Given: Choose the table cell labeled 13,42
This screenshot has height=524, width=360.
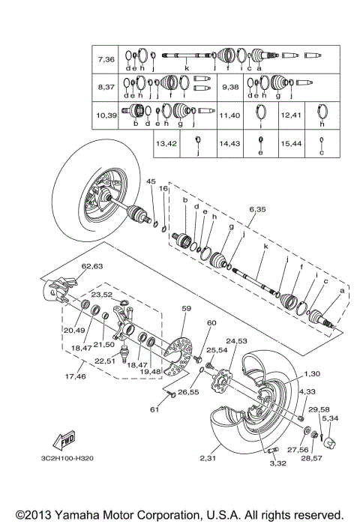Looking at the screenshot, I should [166, 142].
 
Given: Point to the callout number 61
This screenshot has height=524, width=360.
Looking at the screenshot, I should [154, 409].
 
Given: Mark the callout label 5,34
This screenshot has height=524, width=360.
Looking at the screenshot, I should [329, 418].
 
